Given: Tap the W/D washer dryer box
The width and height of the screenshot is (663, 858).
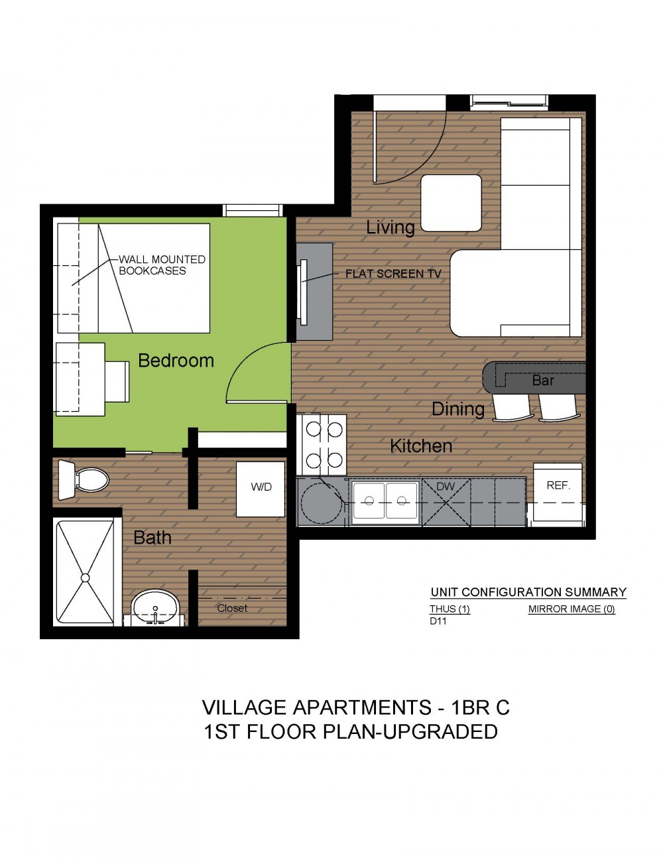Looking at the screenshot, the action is point(261,489).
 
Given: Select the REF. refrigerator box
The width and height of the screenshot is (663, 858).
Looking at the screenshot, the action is point(558,495).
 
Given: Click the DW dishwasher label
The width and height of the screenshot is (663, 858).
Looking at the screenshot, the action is point(446,487).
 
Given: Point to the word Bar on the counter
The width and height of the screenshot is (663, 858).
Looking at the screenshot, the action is point(542,380).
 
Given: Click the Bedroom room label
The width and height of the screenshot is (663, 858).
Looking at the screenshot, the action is point(176,361).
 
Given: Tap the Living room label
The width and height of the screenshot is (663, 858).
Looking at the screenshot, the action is point(391,227).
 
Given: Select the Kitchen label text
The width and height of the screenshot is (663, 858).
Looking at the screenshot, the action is point(421,446).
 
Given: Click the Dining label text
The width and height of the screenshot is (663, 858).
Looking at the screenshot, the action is point(458,409).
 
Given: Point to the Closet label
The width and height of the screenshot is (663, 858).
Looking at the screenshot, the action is point(232,608).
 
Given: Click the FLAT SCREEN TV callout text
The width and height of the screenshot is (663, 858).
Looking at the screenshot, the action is point(393,274).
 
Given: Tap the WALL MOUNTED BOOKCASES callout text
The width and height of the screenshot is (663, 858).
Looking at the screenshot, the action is point(162,265).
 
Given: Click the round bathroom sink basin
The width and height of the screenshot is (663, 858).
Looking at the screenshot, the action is point(156,607).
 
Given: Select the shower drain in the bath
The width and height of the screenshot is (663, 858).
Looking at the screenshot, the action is point(85,578).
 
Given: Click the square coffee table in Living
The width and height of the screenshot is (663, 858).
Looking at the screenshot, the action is point(451,203).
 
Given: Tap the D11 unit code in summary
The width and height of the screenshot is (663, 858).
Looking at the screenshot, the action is point(438,621).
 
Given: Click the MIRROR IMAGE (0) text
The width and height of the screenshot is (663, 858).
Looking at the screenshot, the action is point(572,609).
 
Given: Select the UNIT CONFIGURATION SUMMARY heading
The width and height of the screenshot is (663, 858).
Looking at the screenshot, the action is point(528,592).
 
